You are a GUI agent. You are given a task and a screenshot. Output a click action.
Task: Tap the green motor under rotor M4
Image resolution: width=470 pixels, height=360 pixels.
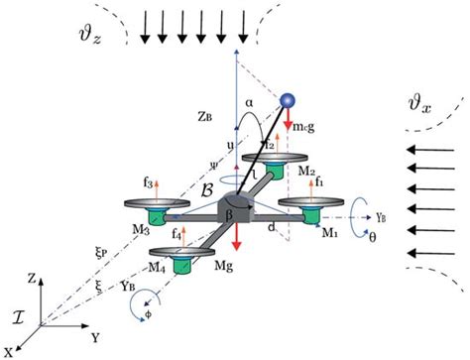point(180,266)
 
